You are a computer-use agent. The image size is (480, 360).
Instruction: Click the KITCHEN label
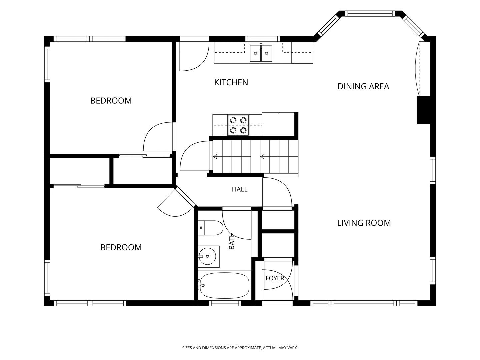(231, 83)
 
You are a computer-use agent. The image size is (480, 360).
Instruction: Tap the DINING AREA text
(363, 87)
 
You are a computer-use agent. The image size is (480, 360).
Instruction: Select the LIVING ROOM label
(364, 223)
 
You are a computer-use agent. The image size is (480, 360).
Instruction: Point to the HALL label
(240, 189)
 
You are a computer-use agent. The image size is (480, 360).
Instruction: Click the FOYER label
(275, 278)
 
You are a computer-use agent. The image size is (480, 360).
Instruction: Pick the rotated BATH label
(232, 241)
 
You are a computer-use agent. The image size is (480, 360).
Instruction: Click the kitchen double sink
(261, 53)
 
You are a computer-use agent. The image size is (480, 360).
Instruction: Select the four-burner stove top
(238, 125)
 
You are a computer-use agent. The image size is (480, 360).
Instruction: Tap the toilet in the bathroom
(210, 228)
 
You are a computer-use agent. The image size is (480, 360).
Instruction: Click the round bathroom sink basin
(207, 256)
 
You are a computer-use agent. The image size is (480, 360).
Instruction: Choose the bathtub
(225, 285)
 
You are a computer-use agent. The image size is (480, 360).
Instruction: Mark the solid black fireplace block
(423, 110)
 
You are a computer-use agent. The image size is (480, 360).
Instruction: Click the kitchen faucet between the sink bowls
(261, 46)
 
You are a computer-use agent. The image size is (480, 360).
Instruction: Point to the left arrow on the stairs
(215, 157)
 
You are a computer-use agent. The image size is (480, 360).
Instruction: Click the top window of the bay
(370, 14)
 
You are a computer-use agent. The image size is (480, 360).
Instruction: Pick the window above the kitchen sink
(262, 39)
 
